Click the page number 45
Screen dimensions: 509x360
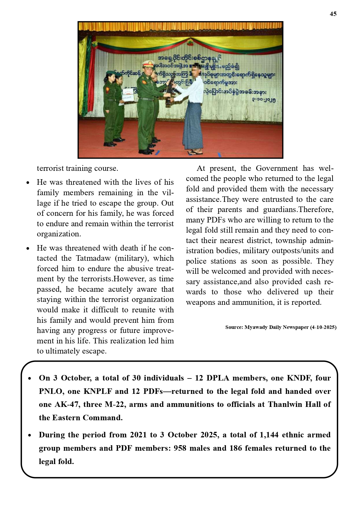[333, 14]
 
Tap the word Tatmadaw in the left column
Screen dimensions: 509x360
[94, 258]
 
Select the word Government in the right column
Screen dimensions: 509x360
[277, 168]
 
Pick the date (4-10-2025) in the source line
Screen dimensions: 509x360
[323, 327]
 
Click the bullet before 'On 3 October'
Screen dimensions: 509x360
[30, 378]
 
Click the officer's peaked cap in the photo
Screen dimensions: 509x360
[147, 63]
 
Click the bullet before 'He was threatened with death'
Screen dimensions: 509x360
[28, 249]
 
